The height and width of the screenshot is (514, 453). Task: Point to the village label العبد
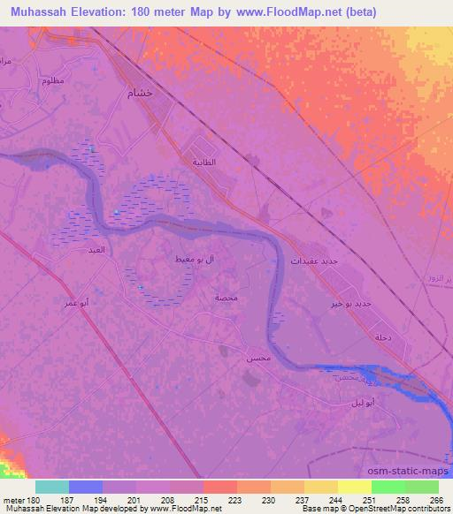tap(95, 251)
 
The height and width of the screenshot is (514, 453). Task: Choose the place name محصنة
tap(225, 298)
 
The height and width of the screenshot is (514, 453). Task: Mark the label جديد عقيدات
tap(314, 261)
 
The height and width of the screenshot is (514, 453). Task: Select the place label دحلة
tap(383, 337)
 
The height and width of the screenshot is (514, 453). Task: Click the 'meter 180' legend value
tap(22, 501)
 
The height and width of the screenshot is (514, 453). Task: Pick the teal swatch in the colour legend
tap(52, 487)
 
